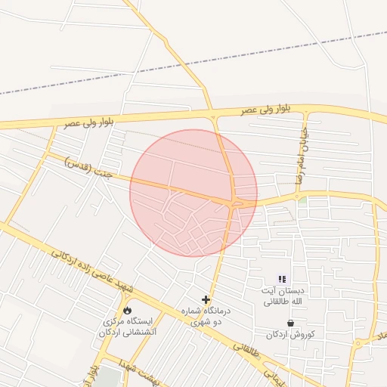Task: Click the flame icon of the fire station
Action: pyautogui.click(x=127, y=310)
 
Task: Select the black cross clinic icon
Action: pyautogui.click(x=206, y=300)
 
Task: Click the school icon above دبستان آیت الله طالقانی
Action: pyautogui.click(x=283, y=279)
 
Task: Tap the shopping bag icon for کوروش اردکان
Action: pyautogui.click(x=290, y=323)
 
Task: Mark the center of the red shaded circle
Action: pyautogui.click(x=193, y=193)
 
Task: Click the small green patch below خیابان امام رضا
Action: pyautogui.click(x=302, y=200)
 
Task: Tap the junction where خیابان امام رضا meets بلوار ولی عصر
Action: pyautogui.click(x=308, y=112)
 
